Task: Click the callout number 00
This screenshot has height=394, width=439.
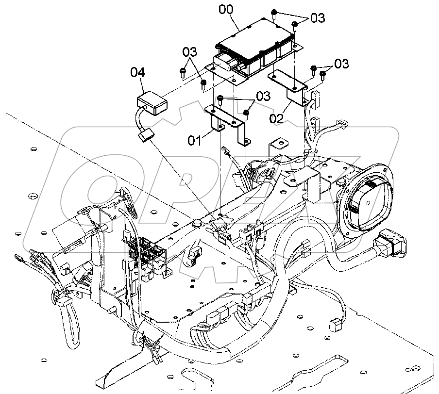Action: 226,10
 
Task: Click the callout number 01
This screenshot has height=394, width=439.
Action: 194,141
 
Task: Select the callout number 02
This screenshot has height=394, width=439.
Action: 276,119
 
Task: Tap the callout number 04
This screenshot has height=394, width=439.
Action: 137,72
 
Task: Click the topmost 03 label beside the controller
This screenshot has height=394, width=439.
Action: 318,18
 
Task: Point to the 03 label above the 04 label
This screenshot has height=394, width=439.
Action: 190,52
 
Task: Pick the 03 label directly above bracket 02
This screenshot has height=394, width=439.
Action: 341,64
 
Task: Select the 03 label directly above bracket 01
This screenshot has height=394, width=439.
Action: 263,96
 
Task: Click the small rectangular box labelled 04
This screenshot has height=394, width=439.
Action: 152,103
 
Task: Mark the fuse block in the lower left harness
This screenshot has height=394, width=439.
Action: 146,252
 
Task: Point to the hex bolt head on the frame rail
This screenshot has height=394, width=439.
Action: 196,223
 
